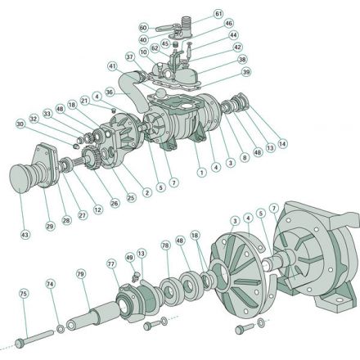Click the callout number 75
pos(24,292)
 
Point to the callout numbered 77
pos(111,263)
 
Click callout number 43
pos(24,235)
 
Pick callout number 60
pos(143,27)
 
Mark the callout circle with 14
pos(283,144)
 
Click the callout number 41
pos(111,66)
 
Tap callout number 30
pos(20,124)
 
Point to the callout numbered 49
pos(129,255)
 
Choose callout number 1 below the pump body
pos(201,173)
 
